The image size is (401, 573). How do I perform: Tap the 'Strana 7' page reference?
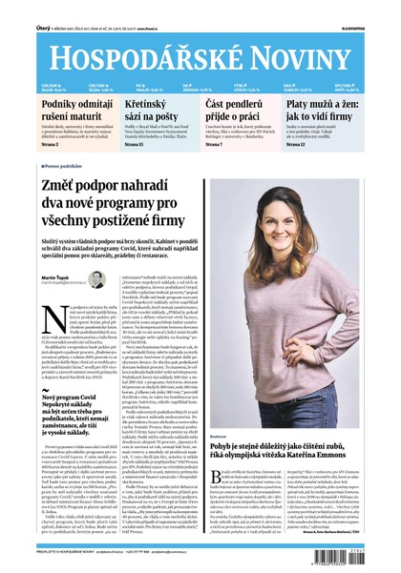[x=217, y=144]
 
